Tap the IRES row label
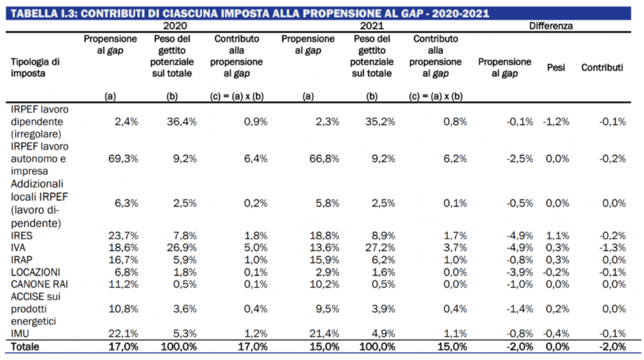(22, 235)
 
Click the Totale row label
(26, 346)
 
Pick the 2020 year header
(175, 26)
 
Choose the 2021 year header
(372, 26)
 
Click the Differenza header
(550, 26)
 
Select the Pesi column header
(556, 67)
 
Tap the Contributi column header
(602, 67)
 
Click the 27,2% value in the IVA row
(382, 247)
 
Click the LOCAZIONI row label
(36, 272)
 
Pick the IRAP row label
(23, 260)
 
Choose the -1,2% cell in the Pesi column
(556, 121)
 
